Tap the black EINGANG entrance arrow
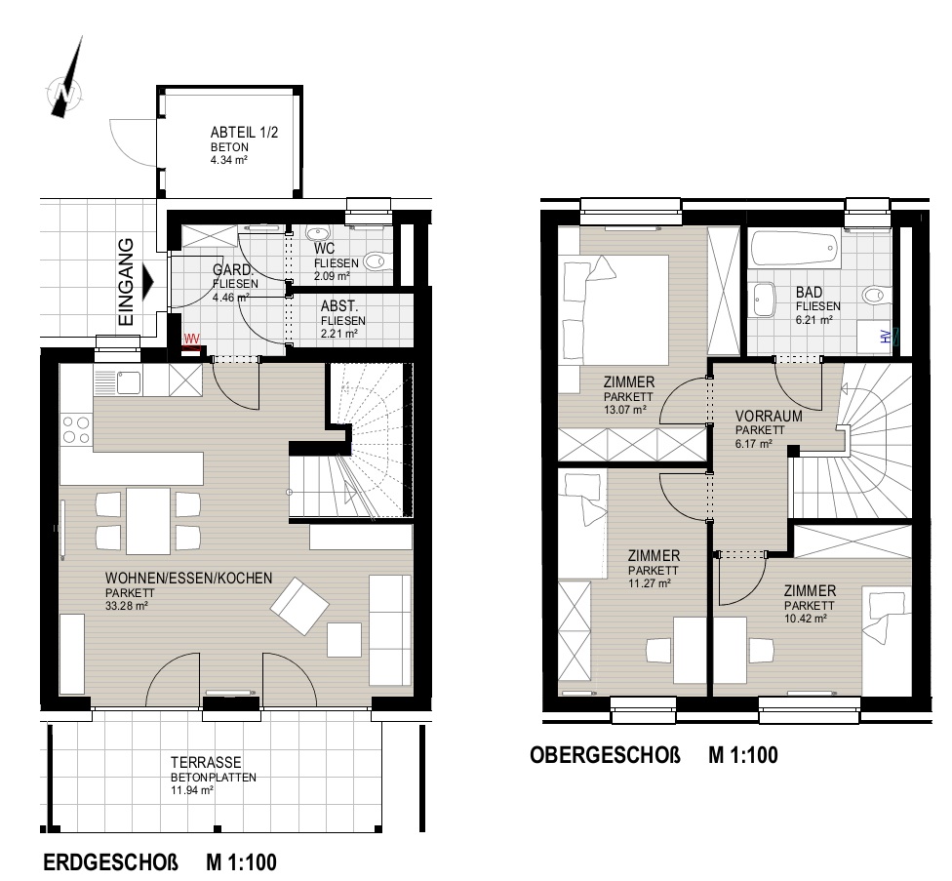[148, 282]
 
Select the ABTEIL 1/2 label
[244, 133]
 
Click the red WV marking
[192, 340]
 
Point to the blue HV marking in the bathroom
[889, 336]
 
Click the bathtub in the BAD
[795, 249]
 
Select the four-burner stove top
[76, 429]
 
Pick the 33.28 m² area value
[126, 605]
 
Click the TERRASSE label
[206, 762]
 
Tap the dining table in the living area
[148, 521]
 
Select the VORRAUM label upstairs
[769, 417]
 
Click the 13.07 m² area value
[624, 409]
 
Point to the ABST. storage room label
[339, 306]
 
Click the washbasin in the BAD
[762, 300]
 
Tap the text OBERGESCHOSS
[605, 755]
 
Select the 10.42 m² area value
[805, 619]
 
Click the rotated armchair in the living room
[299, 605]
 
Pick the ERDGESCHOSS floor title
[111, 862]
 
